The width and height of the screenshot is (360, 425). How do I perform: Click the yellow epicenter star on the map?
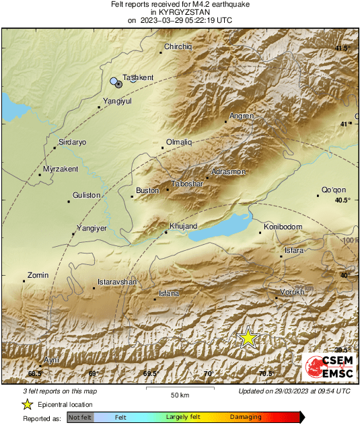coord(248,338)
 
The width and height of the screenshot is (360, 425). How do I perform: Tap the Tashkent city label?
coord(139,78)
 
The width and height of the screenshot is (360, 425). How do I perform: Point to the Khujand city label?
coord(184,227)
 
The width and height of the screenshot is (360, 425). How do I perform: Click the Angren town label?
coord(242,116)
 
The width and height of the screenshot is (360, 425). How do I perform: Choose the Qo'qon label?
coord(332,190)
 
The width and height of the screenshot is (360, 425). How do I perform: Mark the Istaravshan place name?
coord(117,282)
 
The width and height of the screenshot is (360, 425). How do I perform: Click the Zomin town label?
coord(38,275)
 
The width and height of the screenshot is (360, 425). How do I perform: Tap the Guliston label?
coord(86,195)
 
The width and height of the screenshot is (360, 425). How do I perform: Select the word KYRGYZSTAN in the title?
coord(180,12)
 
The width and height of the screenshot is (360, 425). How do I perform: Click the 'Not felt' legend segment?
coord(80,418)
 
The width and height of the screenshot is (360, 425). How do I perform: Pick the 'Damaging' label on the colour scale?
coord(246,418)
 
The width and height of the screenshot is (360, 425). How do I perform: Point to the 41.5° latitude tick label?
coord(342,48)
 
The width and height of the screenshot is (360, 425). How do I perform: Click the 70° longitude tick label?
coord(208,373)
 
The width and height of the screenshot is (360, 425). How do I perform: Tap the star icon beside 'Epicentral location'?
coord(27,404)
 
